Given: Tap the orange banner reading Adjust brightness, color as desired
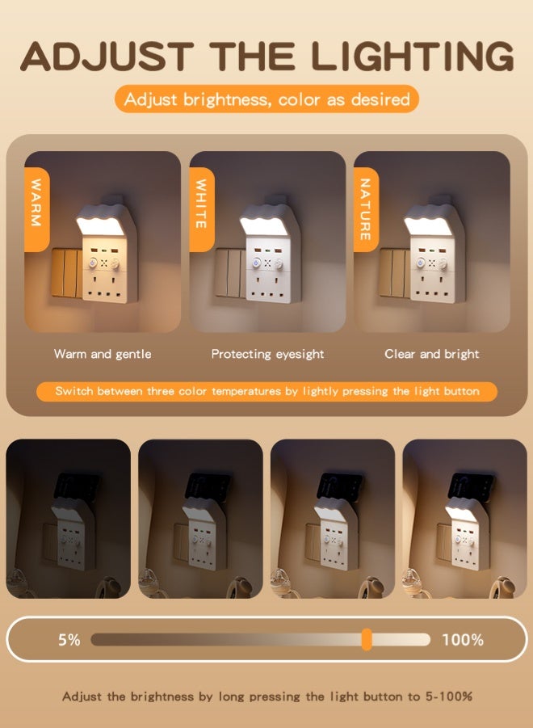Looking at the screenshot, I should point(266,99).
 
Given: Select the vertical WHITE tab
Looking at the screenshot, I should point(201,208).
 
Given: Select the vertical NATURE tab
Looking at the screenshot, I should point(365,208).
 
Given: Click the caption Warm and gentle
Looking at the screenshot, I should point(103,354).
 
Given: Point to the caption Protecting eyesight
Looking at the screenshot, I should point(267,354).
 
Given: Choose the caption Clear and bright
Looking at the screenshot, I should point(432,354).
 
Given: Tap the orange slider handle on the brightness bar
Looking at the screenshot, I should point(367,639).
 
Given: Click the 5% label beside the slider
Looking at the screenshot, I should point(69,640).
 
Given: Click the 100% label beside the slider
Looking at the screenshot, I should point(463,640).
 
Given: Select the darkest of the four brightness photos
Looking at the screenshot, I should point(68,519).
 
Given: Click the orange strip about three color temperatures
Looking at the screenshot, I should point(266,391).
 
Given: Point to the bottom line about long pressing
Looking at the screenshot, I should point(266,696).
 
